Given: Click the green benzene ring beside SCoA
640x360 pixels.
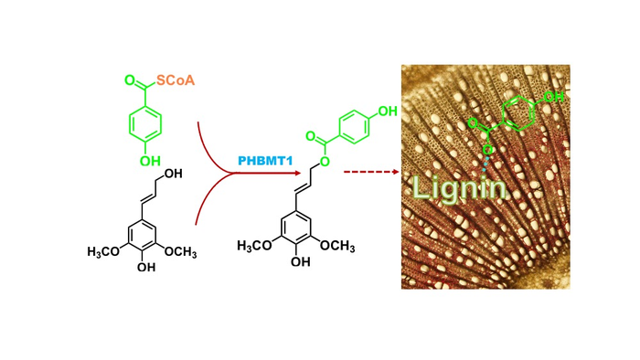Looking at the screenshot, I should [144, 122].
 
